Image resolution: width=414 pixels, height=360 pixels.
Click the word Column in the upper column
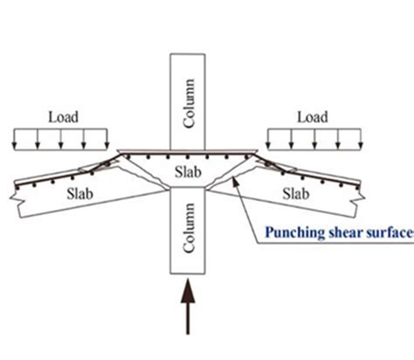click(190, 103)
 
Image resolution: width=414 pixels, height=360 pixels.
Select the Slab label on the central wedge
click(190, 171)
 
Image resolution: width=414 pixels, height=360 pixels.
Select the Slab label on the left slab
click(86, 194)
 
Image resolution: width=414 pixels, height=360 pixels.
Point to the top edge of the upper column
click(190, 55)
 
